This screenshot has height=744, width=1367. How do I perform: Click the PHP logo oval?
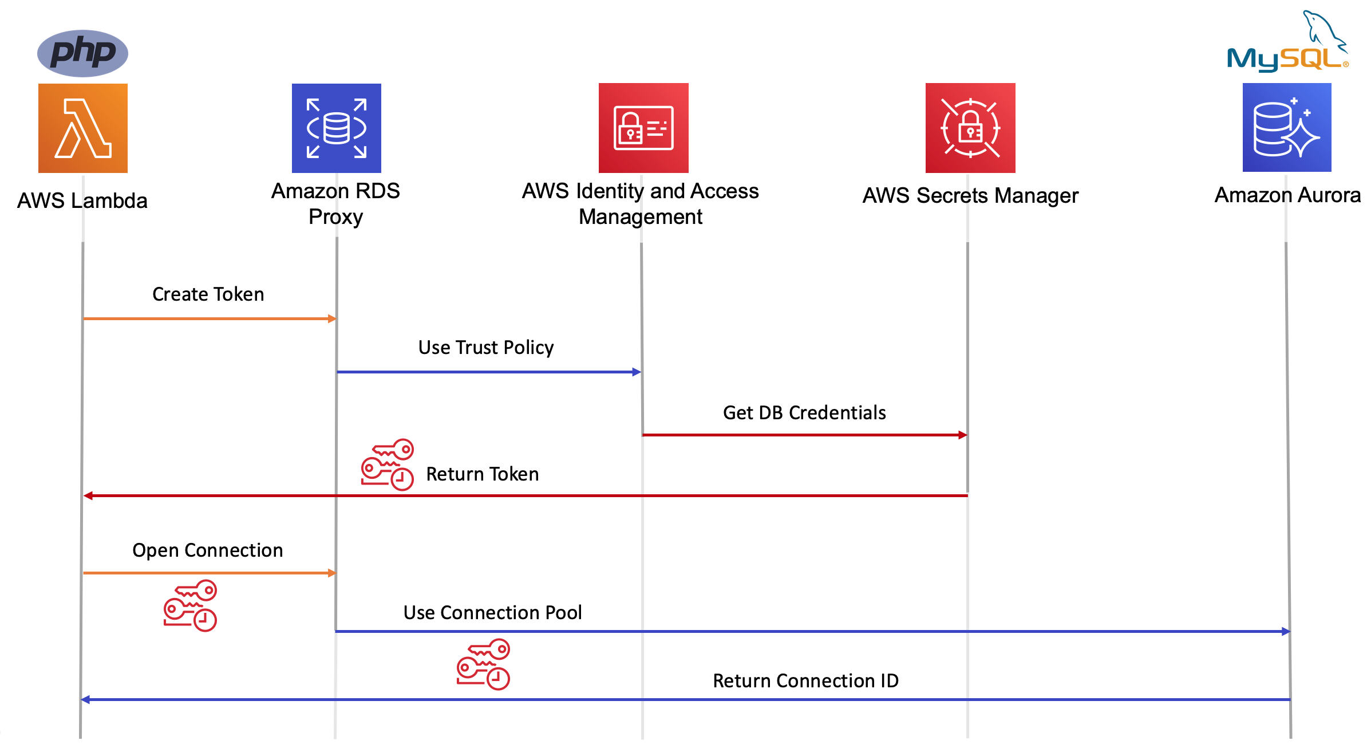click(x=82, y=53)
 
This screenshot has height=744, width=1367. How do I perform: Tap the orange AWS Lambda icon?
click(x=83, y=128)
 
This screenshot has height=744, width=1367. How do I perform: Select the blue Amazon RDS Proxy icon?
click(x=337, y=128)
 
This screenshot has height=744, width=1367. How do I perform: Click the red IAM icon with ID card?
click(x=643, y=128)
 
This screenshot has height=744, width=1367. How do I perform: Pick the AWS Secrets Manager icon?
click(x=970, y=128)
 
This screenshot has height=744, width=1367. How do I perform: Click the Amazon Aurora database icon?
click(x=1287, y=128)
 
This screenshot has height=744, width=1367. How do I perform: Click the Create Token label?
click(x=208, y=294)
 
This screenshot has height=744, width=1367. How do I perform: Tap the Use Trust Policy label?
click(x=486, y=348)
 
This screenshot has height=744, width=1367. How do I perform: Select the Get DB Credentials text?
click(x=804, y=413)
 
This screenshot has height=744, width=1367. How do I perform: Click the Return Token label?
click(x=483, y=474)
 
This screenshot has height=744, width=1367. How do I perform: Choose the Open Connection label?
click(x=208, y=550)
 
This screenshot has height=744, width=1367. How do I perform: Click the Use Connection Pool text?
click(x=492, y=613)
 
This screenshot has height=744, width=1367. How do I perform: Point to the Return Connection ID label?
click(x=805, y=681)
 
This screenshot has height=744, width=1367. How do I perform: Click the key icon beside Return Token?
click(x=388, y=464)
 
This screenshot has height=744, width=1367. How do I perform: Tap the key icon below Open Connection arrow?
click(x=190, y=606)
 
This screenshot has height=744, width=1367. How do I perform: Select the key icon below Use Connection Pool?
click(x=483, y=664)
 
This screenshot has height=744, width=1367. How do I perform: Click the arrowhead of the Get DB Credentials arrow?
click(x=963, y=435)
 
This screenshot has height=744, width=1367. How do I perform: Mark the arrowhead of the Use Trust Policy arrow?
click(x=637, y=372)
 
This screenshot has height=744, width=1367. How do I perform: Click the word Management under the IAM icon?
click(x=640, y=217)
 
